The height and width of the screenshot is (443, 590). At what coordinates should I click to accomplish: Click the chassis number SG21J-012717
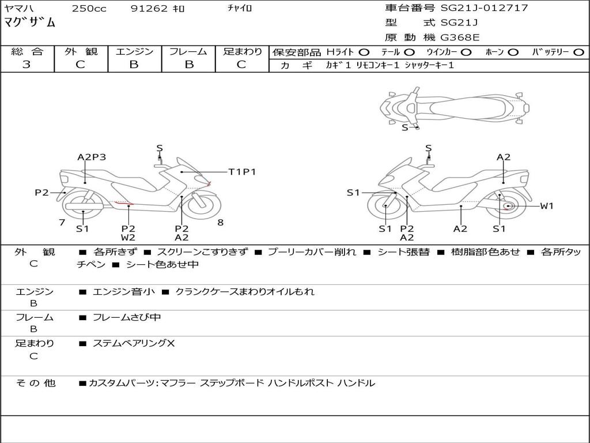(484, 8)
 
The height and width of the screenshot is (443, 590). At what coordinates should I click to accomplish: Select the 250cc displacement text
(89, 9)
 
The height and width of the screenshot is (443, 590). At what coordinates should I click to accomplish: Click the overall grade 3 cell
(27, 65)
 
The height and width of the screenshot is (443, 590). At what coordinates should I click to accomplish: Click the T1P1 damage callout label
(242, 172)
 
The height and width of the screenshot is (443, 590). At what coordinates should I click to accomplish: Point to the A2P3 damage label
(92, 157)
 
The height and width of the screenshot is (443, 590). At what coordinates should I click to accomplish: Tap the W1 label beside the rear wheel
(546, 206)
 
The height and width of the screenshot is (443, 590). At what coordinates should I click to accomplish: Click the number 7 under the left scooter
(62, 223)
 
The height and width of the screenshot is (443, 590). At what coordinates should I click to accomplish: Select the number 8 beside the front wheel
(220, 223)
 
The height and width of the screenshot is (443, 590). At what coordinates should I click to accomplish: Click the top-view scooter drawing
(454, 107)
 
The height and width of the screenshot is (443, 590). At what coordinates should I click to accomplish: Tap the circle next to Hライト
(364, 52)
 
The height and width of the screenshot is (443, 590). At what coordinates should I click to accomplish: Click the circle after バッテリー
(578, 52)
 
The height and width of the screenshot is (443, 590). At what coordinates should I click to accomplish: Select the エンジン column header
(134, 52)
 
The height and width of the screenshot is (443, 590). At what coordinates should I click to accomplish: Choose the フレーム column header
(188, 52)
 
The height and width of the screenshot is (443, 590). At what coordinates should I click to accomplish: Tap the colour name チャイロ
(240, 9)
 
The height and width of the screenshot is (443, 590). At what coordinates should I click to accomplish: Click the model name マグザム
(30, 23)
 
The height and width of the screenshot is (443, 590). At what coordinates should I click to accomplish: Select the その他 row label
(35, 382)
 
